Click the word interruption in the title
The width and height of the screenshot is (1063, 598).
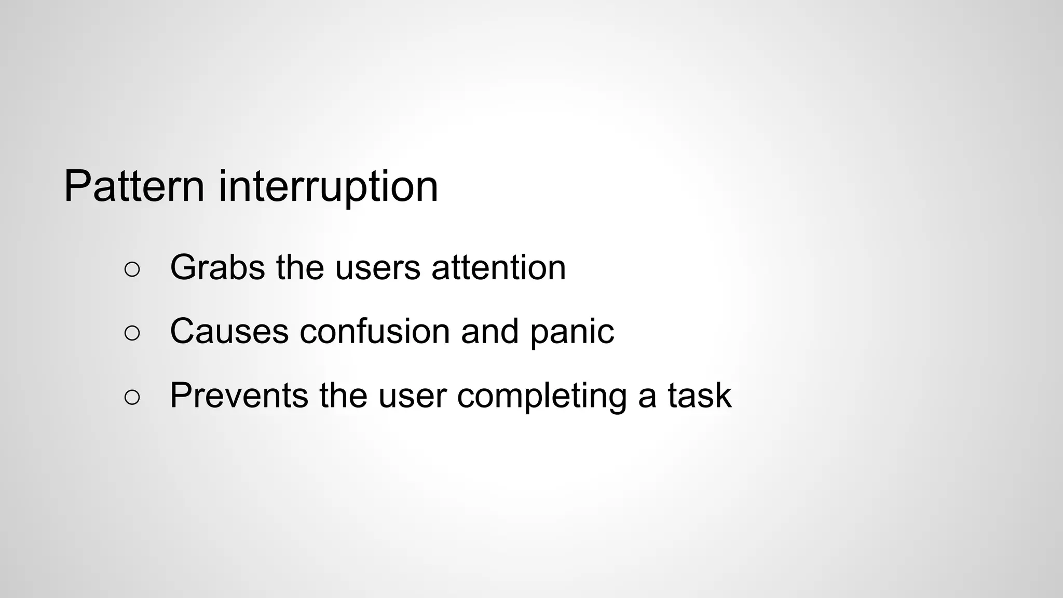pos(328,187)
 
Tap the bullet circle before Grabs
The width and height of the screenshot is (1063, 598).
pos(132,269)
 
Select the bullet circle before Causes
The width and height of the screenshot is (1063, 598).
pos(132,333)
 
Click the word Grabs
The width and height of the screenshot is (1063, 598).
pos(217,268)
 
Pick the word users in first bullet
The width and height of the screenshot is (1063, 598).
pos(377,268)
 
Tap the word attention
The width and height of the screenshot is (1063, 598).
pos(498,268)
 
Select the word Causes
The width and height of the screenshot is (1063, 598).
pos(229,332)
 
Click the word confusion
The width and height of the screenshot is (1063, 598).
pos(374,332)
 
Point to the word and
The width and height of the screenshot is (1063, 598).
pos(489,332)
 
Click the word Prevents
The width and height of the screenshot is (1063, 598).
pos(239,396)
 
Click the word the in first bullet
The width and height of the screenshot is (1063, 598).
pos(299,268)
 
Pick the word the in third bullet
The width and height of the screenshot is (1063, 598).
pos(343,396)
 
